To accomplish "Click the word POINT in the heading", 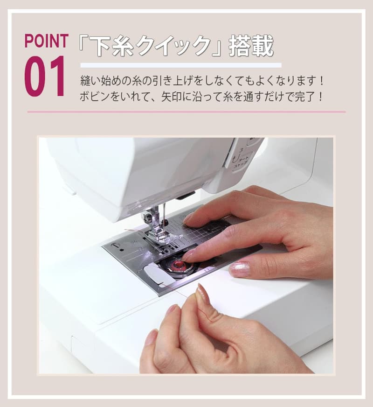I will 46,41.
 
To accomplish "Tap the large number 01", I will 45,76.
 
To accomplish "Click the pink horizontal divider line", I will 186,112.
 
